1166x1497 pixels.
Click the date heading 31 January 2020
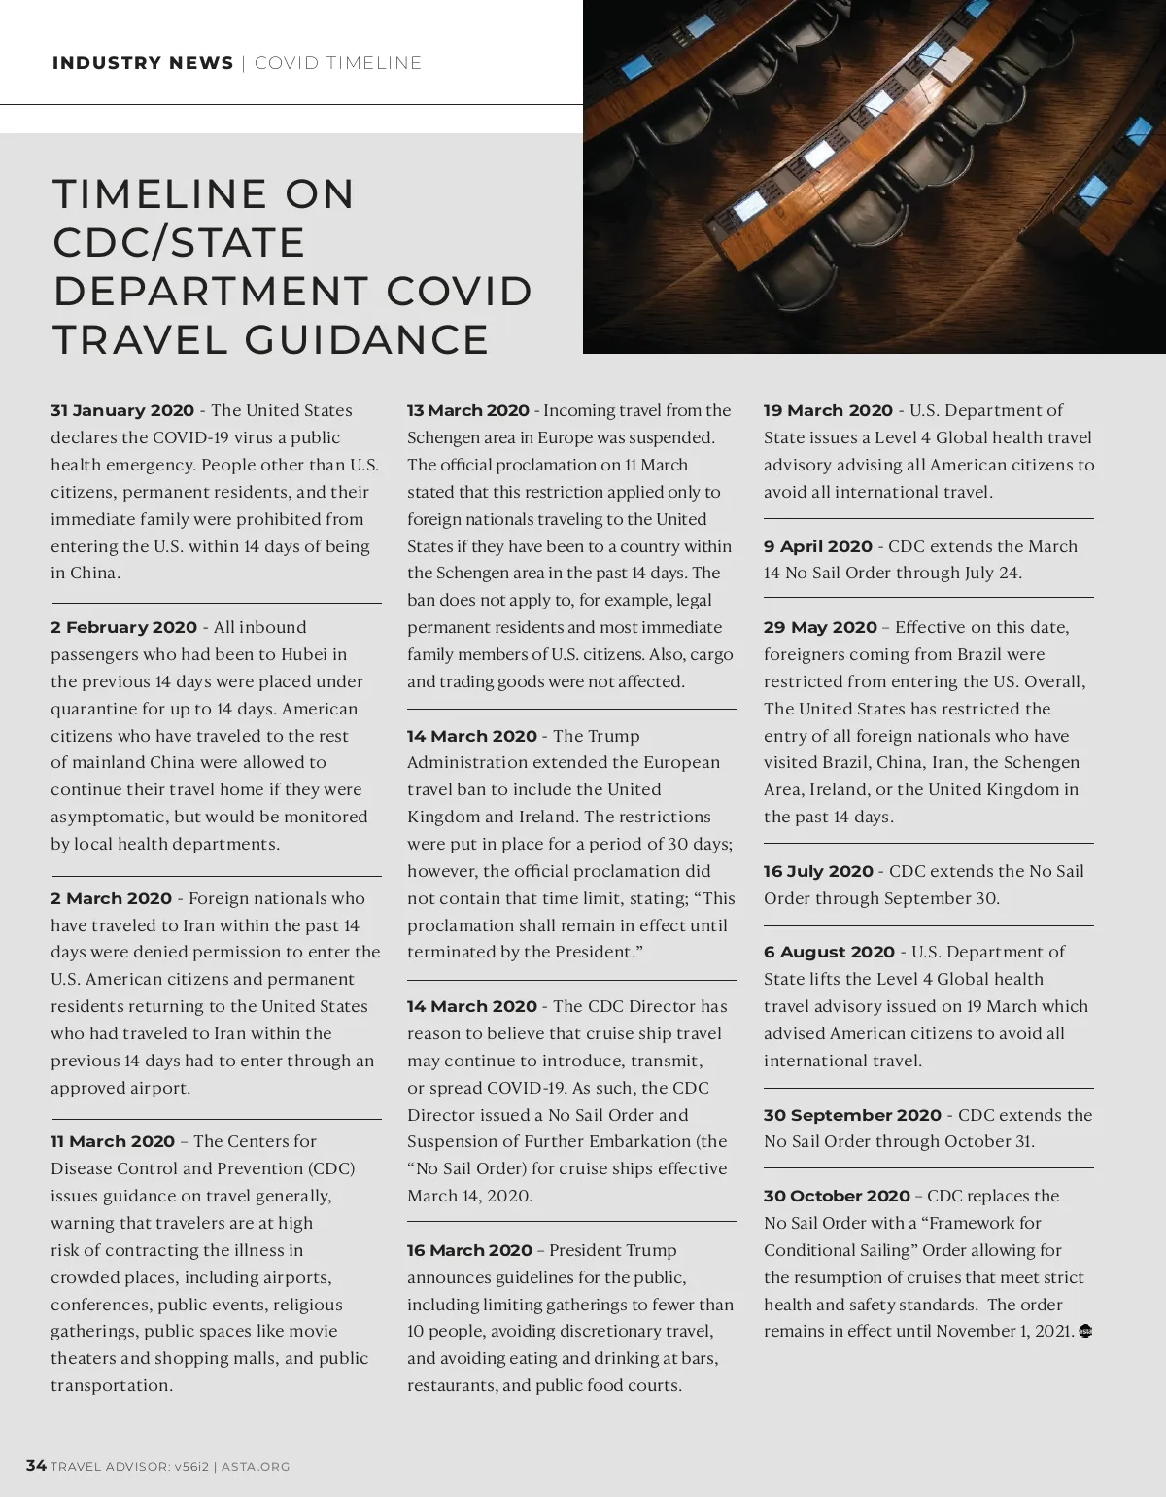click(122, 411)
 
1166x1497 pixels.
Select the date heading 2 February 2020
click(123, 628)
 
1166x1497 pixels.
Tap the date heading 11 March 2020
click(113, 1142)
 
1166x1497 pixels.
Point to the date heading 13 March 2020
click(468, 411)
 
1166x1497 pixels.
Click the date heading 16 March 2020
click(469, 1251)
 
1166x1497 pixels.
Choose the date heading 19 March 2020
click(828, 411)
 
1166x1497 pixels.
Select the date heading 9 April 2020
click(818, 547)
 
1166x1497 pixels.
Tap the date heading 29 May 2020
click(820, 628)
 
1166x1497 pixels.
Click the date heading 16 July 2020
click(818, 872)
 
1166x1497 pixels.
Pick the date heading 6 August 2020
click(829, 953)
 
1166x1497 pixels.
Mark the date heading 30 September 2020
click(852, 1116)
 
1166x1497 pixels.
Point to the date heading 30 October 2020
click(837, 1197)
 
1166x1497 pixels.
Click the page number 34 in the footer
click(36, 1466)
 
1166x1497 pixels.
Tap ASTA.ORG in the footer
click(256, 1467)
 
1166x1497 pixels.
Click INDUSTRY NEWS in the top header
click(143, 64)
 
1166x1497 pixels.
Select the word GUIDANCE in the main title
click(367, 340)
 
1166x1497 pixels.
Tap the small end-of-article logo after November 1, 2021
click(1085, 1332)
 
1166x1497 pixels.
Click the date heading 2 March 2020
click(111, 899)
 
